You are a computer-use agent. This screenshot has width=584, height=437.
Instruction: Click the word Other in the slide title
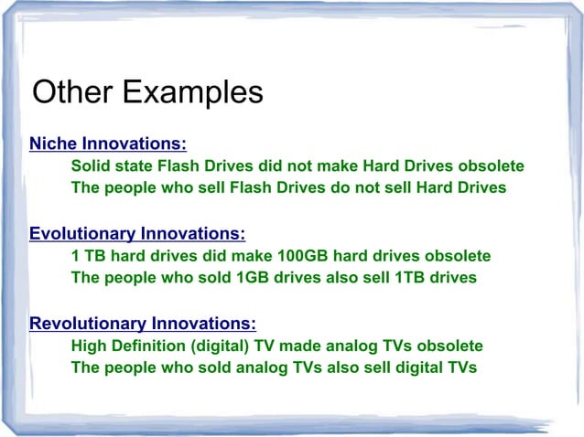click(x=72, y=92)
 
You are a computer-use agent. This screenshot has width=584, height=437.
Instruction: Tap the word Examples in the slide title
click(x=192, y=93)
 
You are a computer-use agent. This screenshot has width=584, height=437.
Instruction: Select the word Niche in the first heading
click(x=53, y=144)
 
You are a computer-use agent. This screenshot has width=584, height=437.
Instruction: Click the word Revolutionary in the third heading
click(x=88, y=323)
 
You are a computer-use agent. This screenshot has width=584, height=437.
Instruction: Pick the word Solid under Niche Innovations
click(x=90, y=166)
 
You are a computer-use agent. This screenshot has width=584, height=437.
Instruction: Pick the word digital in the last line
click(x=416, y=368)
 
